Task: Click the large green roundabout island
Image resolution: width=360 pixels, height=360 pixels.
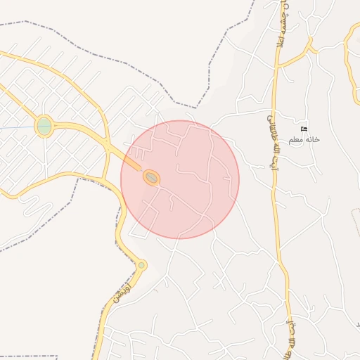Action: coord(44,127)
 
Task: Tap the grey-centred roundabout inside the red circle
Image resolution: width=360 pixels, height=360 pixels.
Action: coord(151,178)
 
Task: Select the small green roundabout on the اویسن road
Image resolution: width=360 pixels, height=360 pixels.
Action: coord(141,265)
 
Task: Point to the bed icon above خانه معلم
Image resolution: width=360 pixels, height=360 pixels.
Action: coord(304,129)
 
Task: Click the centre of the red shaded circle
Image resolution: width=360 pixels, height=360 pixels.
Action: coord(180,179)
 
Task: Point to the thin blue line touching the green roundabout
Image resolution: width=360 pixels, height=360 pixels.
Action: coord(18,128)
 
